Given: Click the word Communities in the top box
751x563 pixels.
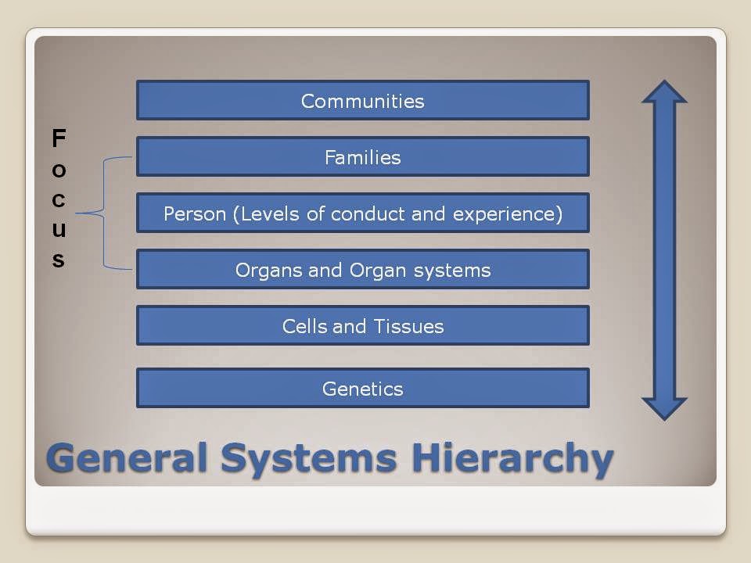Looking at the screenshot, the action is [x=362, y=101].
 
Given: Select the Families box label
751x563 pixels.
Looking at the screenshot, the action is [x=362, y=157].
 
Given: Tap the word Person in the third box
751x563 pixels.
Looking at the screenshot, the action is [x=195, y=213].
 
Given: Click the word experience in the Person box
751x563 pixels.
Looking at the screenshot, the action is [x=504, y=214].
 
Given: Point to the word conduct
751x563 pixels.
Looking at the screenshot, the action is [x=368, y=213].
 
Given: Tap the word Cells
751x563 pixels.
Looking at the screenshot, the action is [x=304, y=327].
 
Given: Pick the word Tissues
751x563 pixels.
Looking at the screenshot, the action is [x=408, y=327].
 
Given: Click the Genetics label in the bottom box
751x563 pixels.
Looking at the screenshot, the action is [x=362, y=389].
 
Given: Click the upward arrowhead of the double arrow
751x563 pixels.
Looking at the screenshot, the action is [x=664, y=91].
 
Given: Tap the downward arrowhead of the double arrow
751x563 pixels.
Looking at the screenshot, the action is [x=664, y=409].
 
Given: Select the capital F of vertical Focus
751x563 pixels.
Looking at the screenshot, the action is [x=59, y=138].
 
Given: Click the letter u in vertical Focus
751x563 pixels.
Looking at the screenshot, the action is [x=59, y=230].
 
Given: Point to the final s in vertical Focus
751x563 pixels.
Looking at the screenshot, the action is [x=59, y=260].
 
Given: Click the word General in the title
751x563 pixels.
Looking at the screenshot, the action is [x=128, y=457].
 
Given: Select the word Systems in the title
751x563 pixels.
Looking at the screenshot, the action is [x=308, y=460].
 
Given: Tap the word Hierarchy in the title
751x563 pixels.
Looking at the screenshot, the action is [x=512, y=459].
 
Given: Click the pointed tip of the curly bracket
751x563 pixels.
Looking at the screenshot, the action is [x=77, y=213].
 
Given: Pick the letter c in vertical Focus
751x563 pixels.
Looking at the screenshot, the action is [x=59, y=200].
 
